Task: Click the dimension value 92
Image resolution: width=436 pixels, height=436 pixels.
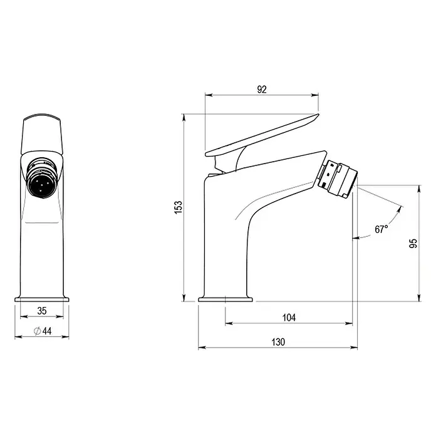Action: click(x=262, y=90)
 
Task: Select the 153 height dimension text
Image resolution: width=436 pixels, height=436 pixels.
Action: click(x=179, y=207)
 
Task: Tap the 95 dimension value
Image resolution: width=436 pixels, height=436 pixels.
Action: click(x=413, y=243)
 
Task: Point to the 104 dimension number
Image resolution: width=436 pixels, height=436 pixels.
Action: click(x=289, y=318)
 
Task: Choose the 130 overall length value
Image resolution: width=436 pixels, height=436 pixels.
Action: click(x=278, y=342)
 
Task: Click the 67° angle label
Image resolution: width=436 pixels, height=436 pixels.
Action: click(x=381, y=229)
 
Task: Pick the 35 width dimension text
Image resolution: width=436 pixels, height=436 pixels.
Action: click(x=42, y=311)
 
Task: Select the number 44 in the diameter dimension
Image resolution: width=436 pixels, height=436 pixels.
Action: click(x=47, y=331)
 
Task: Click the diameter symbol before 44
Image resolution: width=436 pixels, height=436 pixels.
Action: click(x=37, y=331)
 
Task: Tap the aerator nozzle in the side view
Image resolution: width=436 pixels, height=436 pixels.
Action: click(x=336, y=179)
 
